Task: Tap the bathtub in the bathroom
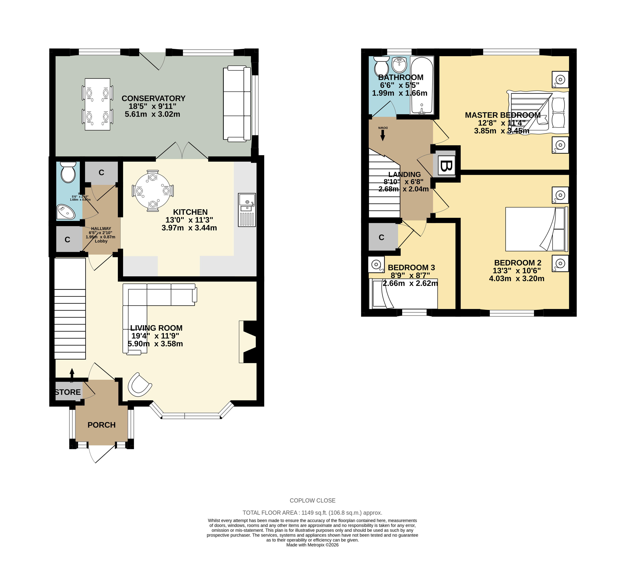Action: point(422,85)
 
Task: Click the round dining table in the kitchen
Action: point(153,191)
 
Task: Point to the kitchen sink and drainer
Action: point(247,210)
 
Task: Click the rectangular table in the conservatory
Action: point(98,104)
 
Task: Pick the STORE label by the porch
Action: point(68,392)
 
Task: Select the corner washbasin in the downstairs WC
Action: point(66,212)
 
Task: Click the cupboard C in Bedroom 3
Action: point(382,237)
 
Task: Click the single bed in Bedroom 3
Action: point(403,293)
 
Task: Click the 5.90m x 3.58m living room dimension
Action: point(155,344)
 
